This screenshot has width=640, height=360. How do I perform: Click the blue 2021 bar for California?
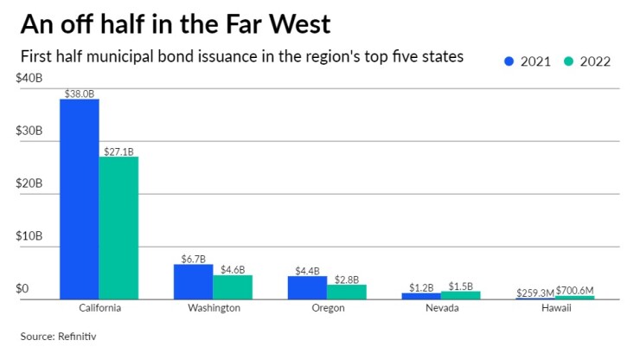click(79, 199)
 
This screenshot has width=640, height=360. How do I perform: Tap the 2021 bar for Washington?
click(193, 281)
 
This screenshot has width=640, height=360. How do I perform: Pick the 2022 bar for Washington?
click(232, 287)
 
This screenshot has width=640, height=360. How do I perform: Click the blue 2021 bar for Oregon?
click(307, 287)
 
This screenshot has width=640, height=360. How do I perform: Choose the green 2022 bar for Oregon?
click(346, 292)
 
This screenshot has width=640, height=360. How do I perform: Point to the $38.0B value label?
click(79, 93)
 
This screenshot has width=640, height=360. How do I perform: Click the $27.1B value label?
click(118, 151)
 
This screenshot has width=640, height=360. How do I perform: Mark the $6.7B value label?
click(193, 258)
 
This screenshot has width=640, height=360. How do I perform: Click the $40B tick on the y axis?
click(29, 78)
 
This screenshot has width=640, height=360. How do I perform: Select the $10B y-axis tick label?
click(29, 235)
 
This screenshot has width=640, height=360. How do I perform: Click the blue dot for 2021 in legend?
click(509, 61)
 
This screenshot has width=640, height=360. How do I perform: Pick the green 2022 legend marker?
click(569, 61)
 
